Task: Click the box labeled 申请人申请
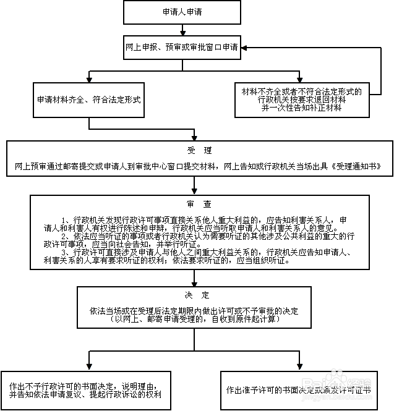point(182,12)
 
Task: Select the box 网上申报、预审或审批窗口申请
point(182,47)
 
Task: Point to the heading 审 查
point(199,204)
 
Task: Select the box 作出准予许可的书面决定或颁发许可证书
point(299,391)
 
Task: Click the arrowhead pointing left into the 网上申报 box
point(245,48)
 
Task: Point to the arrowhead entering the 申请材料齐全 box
point(89,78)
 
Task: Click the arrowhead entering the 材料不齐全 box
point(299,78)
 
